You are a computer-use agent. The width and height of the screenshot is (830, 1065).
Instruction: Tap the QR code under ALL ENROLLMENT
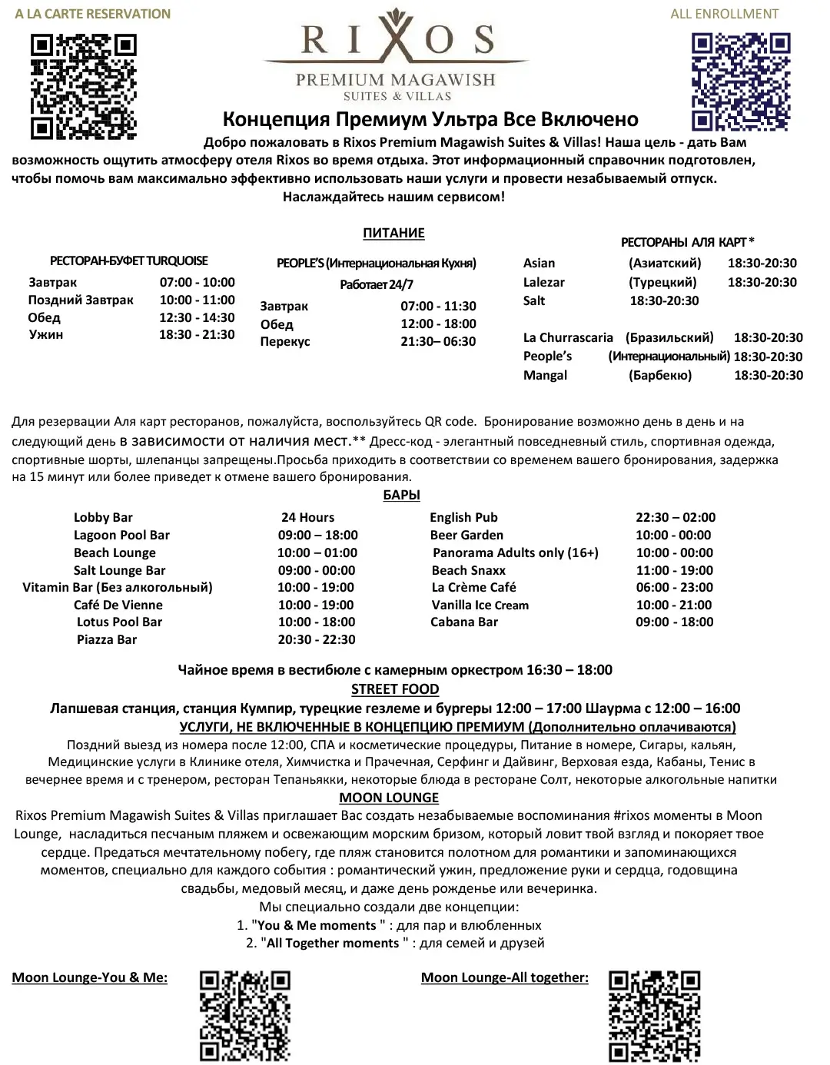click(x=740, y=81)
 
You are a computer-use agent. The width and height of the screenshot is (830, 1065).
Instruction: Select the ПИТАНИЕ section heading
click(x=393, y=233)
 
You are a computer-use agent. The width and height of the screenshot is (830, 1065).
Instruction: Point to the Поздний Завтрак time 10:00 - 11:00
click(x=197, y=300)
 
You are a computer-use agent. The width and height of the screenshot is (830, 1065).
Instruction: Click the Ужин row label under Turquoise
click(x=46, y=334)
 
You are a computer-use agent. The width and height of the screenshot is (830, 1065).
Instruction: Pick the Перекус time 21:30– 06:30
click(x=438, y=341)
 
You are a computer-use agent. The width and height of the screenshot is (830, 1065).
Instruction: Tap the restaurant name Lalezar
click(x=544, y=282)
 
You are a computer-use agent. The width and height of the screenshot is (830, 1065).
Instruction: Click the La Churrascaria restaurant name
click(x=568, y=337)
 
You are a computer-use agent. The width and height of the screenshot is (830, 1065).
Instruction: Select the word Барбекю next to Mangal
click(x=659, y=375)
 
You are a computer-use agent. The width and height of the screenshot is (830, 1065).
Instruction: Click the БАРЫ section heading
click(x=401, y=496)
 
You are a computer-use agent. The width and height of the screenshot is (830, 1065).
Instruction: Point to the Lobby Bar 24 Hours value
click(x=307, y=517)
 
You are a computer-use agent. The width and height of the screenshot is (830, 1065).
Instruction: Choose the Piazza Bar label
click(x=107, y=639)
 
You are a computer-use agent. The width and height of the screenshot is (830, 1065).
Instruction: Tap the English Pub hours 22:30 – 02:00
click(x=675, y=517)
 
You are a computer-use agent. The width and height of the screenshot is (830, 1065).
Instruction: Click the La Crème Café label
click(x=473, y=587)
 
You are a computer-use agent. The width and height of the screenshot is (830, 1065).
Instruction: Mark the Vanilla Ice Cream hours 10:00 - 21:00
click(x=674, y=605)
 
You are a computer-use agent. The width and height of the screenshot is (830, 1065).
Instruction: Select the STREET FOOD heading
click(x=395, y=689)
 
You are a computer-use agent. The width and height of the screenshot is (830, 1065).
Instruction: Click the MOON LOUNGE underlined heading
click(x=389, y=798)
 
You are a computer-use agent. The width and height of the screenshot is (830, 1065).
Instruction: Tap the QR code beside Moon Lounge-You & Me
click(x=245, y=1016)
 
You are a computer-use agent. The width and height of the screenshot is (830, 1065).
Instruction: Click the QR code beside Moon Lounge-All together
click(x=654, y=1016)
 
